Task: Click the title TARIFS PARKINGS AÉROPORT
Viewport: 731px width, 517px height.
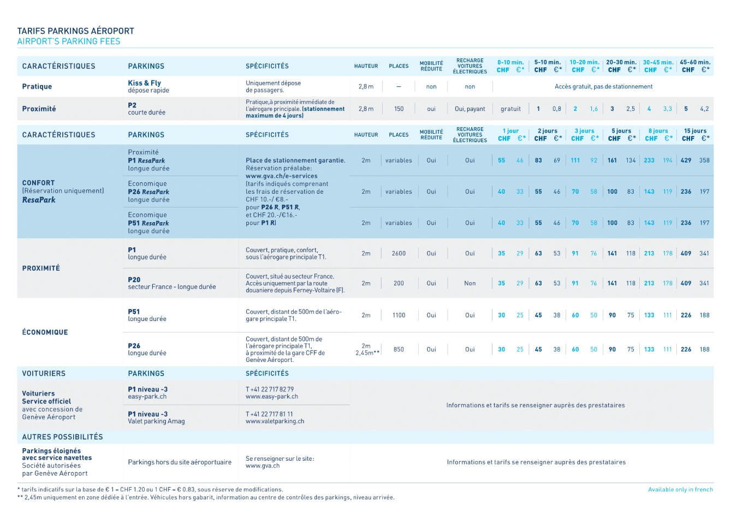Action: coord(75,31)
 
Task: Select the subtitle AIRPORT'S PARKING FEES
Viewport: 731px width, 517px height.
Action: coord(69,41)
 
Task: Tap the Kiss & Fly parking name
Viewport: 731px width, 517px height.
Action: coord(144,83)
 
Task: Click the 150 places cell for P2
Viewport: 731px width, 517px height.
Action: coord(399,109)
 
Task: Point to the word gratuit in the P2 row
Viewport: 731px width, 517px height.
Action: coord(510,109)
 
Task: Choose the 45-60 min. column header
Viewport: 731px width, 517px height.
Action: coord(694,63)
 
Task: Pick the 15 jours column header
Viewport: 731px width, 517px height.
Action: coord(695,131)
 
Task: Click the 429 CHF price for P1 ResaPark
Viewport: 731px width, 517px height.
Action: coord(686,161)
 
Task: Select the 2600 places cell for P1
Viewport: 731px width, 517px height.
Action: coord(399,253)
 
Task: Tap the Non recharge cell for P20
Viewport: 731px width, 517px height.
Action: coord(469,283)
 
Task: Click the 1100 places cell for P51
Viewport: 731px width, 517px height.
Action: coord(399,315)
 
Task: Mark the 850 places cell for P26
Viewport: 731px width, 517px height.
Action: coord(399,349)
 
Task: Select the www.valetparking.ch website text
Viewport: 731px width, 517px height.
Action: coord(275,421)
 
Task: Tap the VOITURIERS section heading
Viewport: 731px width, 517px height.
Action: coord(44,373)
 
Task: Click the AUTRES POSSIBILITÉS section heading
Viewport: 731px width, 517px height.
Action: coord(62,437)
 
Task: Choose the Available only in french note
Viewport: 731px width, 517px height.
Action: coord(680,490)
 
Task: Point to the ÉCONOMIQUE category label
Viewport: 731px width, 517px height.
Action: coord(45,332)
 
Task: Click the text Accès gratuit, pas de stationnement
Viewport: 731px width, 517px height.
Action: coord(603,87)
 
